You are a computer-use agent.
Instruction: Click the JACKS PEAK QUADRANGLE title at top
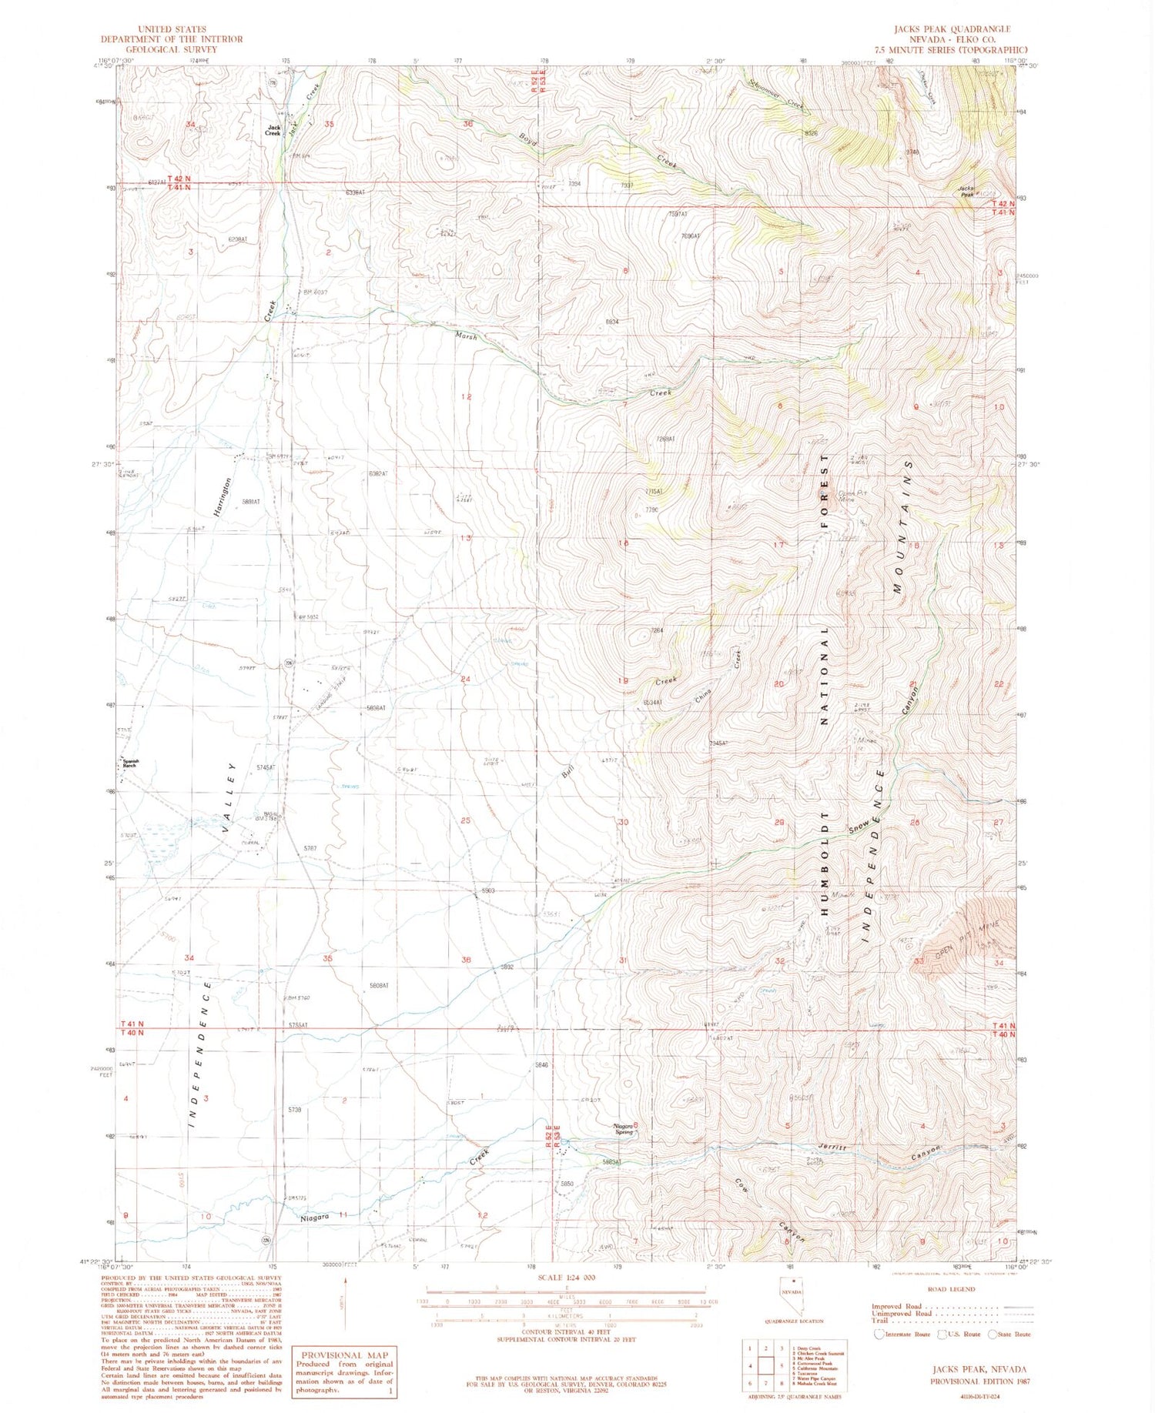click(x=952, y=28)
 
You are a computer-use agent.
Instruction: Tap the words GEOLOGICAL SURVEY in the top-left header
click(x=171, y=49)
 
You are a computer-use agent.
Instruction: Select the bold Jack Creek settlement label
click(x=273, y=130)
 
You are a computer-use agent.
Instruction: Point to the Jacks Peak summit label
click(x=966, y=192)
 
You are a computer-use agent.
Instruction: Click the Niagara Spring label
click(x=623, y=1128)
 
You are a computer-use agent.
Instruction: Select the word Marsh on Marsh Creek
click(x=466, y=336)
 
